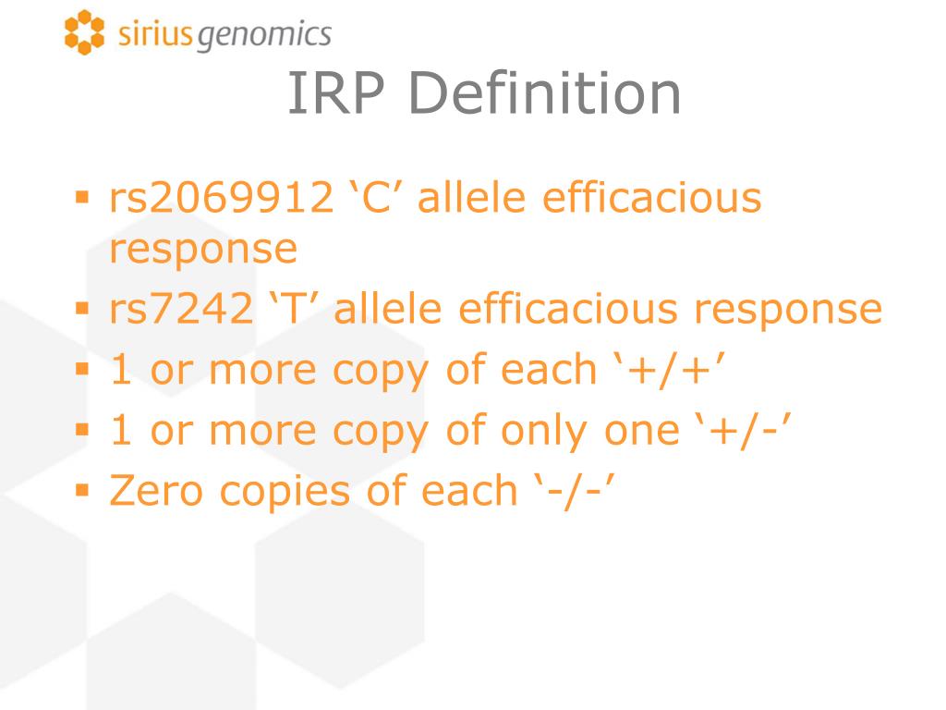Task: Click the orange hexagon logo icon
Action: pyautogui.click(x=84, y=33)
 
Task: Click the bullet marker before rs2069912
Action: pyautogui.click(x=82, y=197)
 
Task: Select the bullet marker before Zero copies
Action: pyautogui.click(x=82, y=489)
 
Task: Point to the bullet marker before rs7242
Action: pyautogui.click(x=82, y=308)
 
